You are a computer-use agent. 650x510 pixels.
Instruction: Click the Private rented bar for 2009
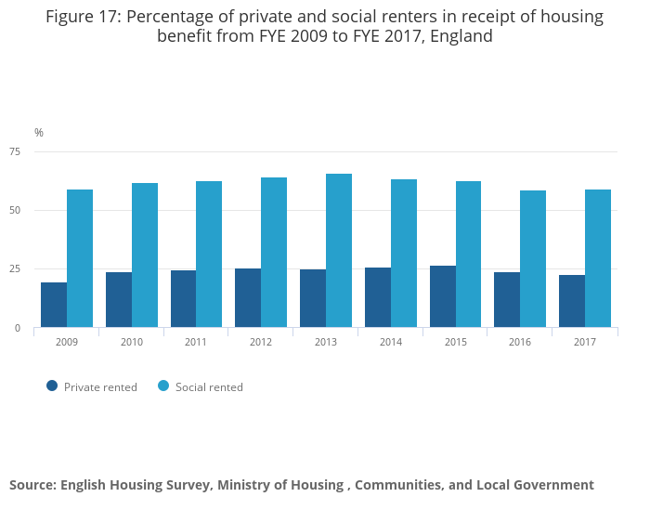54,305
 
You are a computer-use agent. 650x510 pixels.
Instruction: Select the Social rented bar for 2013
339,251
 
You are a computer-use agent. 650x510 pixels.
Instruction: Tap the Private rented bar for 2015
443,296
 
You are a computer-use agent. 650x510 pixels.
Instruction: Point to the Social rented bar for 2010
145,255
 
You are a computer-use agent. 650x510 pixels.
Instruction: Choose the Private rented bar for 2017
572,301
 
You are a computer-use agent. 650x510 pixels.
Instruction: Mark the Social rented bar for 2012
274,253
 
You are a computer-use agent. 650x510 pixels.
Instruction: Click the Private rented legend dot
52,386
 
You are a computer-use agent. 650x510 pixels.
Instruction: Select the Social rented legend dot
163,386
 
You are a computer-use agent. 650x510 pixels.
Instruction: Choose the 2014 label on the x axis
391,343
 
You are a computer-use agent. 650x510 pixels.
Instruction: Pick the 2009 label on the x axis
67,343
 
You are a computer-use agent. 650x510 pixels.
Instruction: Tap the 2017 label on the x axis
585,343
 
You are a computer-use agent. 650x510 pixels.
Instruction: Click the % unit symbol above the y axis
39,133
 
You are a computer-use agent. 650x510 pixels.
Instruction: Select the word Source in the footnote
32,485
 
